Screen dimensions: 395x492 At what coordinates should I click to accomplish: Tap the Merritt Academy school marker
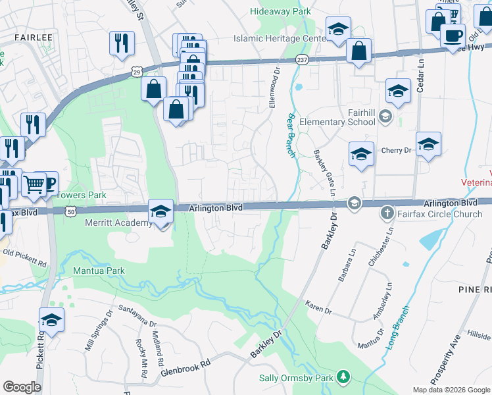point(160,212)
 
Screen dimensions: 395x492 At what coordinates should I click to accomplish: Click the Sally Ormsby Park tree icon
point(342,377)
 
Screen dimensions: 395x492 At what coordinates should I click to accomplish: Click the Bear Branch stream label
point(290,134)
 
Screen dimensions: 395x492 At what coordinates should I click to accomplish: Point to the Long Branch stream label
point(397,327)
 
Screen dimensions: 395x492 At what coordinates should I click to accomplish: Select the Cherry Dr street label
point(397,151)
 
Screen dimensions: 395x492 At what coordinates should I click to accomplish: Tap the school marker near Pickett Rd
point(51,321)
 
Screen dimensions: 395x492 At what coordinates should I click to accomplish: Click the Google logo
point(22,387)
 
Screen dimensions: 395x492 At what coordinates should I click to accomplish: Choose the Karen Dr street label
point(319,307)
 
